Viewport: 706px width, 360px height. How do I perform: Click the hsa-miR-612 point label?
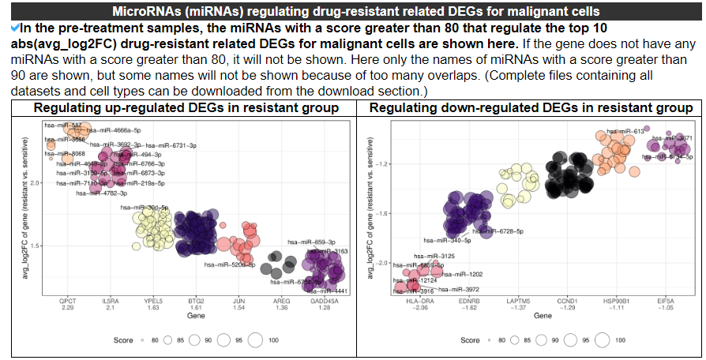[x=621, y=132]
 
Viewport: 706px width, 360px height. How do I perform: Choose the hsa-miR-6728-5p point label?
[x=499, y=231]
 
